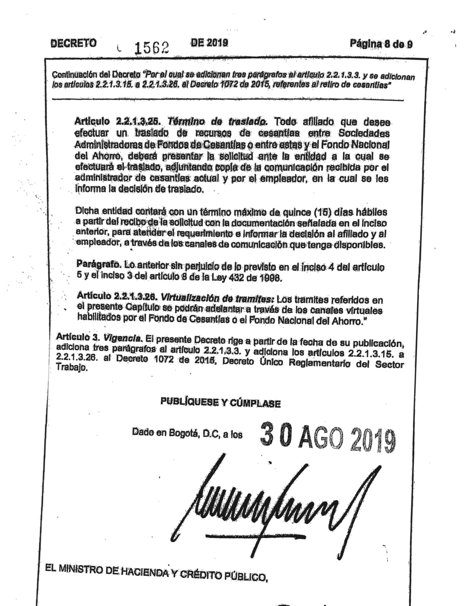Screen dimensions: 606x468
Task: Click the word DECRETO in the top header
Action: click(x=73, y=43)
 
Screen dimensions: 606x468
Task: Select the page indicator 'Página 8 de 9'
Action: click(x=381, y=44)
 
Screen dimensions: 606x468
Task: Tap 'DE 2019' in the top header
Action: click(x=209, y=43)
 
